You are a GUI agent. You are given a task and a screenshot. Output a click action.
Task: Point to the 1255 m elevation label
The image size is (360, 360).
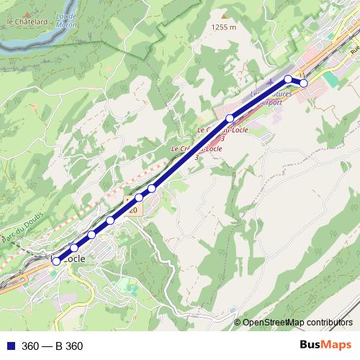pyautogui.click(x=224, y=27)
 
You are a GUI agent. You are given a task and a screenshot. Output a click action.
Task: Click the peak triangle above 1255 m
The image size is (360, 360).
pyautogui.click(x=224, y=15)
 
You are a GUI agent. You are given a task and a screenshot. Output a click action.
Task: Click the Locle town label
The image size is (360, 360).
pyautogui.click(x=75, y=258)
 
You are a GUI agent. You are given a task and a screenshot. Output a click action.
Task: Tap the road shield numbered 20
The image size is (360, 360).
pyautogui.click(x=132, y=210)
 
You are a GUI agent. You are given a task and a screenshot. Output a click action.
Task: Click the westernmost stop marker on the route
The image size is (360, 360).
pyautogui.click(x=57, y=261)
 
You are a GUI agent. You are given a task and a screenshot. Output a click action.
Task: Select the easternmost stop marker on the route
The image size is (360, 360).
pyautogui.click(x=304, y=84)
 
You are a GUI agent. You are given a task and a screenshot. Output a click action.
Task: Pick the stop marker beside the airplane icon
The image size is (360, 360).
pyautogui.click(x=288, y=78)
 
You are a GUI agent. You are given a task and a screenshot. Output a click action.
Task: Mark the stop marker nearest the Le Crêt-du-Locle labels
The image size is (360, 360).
pyautogui.click(x=230, y=118)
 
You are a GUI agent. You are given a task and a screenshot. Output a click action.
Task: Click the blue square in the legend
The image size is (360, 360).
pyautogui.click(x=9, y=346)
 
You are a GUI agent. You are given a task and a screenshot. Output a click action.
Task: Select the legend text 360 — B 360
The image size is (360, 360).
pyautogui.click(x=53, y=346)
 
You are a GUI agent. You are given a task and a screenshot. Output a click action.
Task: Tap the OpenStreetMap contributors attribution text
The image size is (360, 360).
pyautogui.click(x=297, y=323)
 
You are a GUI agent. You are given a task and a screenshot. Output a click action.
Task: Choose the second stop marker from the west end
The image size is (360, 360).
pyautogui.click(x=74, y=248)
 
